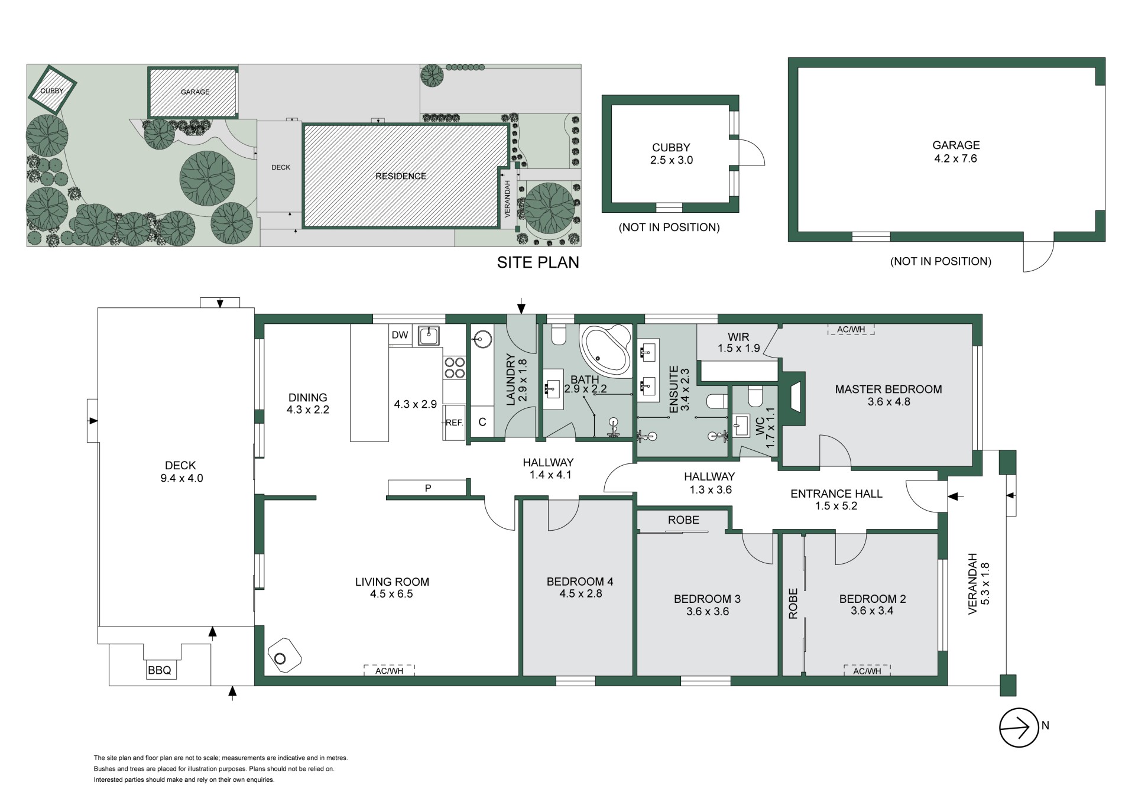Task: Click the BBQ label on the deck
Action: [160, 670]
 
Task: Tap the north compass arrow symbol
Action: [1019, 728]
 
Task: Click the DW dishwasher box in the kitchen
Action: [400, 335]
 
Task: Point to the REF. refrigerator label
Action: [454, 423]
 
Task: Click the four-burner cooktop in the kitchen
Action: [455, 367]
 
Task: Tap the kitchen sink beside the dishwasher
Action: [427, 335]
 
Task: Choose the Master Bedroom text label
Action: [888, 389]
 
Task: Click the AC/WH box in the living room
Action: [389, 670]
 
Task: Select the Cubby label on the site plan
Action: [52, 91]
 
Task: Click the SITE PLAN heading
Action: [538, 262]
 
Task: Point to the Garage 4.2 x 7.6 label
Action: [956, 152]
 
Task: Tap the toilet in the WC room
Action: [755, 396]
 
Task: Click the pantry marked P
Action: [428, 488]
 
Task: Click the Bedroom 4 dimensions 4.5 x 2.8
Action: [581, 594]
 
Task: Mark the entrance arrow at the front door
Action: [955, 497]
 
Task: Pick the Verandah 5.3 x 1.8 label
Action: [978, 583]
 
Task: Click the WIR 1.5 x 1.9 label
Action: [739, 342]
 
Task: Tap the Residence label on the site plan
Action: [401, 176]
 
